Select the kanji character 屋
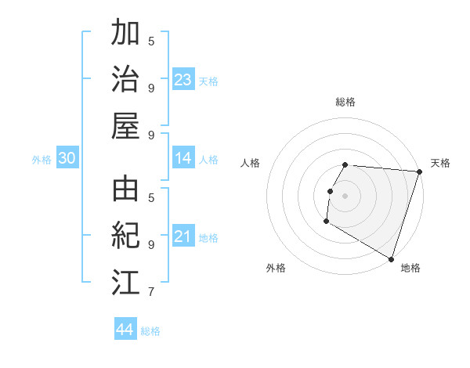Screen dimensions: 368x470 (x=126, y=125)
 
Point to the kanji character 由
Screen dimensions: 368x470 (x=126, y=190)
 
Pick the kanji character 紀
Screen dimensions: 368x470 (x=126, y=236)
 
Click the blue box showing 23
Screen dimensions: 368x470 (x=183, y=80)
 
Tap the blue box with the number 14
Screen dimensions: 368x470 (x=183, y=158)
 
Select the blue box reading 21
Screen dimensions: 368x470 (x=183, y=236)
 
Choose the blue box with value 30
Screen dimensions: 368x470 (x=67, y=158)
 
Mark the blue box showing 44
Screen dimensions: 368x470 (x=125, y=330)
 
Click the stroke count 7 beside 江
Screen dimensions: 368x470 (x=150, y=293)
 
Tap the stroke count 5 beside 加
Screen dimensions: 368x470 (x=151, y=41)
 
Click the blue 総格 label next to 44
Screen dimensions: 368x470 (x=150, y=331)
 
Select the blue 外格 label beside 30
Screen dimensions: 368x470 (x=42, y=160)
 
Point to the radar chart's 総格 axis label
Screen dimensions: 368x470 (x=345, y=102)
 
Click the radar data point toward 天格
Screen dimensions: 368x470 (x=419, y=171)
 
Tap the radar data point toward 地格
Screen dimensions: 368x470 (x=390, y=258)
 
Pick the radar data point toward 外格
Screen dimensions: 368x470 (x=326, y=222)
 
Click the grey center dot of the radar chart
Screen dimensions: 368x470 (x=345, y=196)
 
